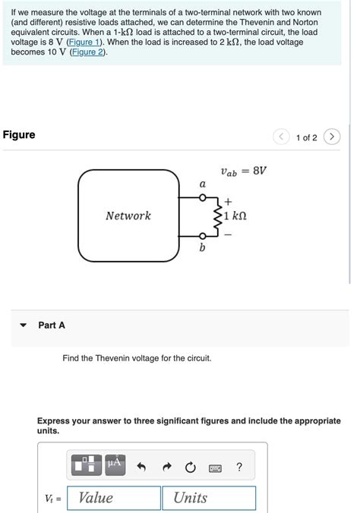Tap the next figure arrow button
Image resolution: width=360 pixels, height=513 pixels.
pyautogui.click(x=332, y=137)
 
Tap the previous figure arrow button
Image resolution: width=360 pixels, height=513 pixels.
pyautogui.click(x=282, y=137)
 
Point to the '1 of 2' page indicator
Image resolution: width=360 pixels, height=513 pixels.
pyautogui.click(x=307, y=137)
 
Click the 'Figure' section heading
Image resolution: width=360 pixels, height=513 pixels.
pyautogui.click(x=19, y=135)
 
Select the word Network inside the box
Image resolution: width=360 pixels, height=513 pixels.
pyautogui.click(x=128, y=216)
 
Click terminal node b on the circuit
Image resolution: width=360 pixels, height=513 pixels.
pyautogui.click(x=202, y=235)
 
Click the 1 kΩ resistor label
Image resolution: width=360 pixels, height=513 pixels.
pyautogui.click(x=237, y=216)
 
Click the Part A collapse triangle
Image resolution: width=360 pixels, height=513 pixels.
pyautogui.click(x=23, y=326)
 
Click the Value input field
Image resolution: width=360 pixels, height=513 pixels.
pyautogui.click(x=113, y=498)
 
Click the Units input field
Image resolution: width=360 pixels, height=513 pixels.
pyautogui.click(x=208, y=498)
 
